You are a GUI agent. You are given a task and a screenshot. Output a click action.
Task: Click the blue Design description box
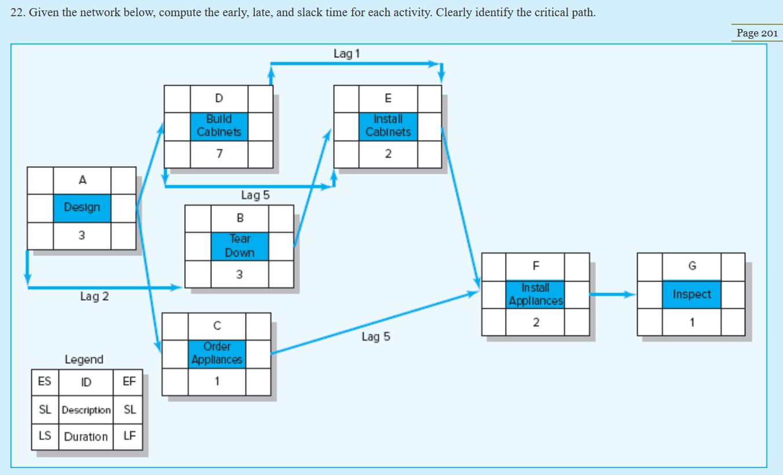pos(82,207)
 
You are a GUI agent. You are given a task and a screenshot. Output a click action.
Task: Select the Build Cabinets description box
pos(219,126)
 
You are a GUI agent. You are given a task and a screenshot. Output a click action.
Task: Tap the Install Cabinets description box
pos(388,126)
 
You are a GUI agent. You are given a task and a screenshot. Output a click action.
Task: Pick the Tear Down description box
pos(240,246)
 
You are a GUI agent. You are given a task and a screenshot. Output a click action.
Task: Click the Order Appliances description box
pos(217,353)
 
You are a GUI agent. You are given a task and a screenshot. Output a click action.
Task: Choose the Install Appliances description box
pos(535,294)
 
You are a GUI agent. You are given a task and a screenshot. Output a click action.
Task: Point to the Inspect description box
pos(691,294)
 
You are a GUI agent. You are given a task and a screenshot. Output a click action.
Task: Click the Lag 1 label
pos(346,54)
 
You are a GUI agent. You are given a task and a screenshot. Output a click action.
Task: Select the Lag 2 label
pos(94,297)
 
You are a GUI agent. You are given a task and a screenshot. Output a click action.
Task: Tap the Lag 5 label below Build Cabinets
pos(255,195)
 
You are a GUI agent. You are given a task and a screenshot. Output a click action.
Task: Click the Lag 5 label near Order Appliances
pos(376,337)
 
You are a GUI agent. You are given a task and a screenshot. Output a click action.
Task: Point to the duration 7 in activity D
pos(219,154)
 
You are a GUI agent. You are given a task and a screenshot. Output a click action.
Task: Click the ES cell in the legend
pos(45,381)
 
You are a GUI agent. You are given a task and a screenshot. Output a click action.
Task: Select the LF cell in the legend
pos(129,436)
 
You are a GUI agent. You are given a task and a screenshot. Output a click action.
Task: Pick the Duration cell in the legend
pos(86,437)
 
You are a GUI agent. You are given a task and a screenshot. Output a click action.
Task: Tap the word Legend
pos(84,360)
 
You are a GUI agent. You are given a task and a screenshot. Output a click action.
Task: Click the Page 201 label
pos(756,33)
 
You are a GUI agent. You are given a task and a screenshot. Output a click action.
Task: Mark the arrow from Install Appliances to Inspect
pos(613,294)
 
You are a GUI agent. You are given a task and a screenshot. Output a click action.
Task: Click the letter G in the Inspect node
pos(691,266)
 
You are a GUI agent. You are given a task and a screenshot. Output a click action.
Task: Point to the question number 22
pos(17,13)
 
